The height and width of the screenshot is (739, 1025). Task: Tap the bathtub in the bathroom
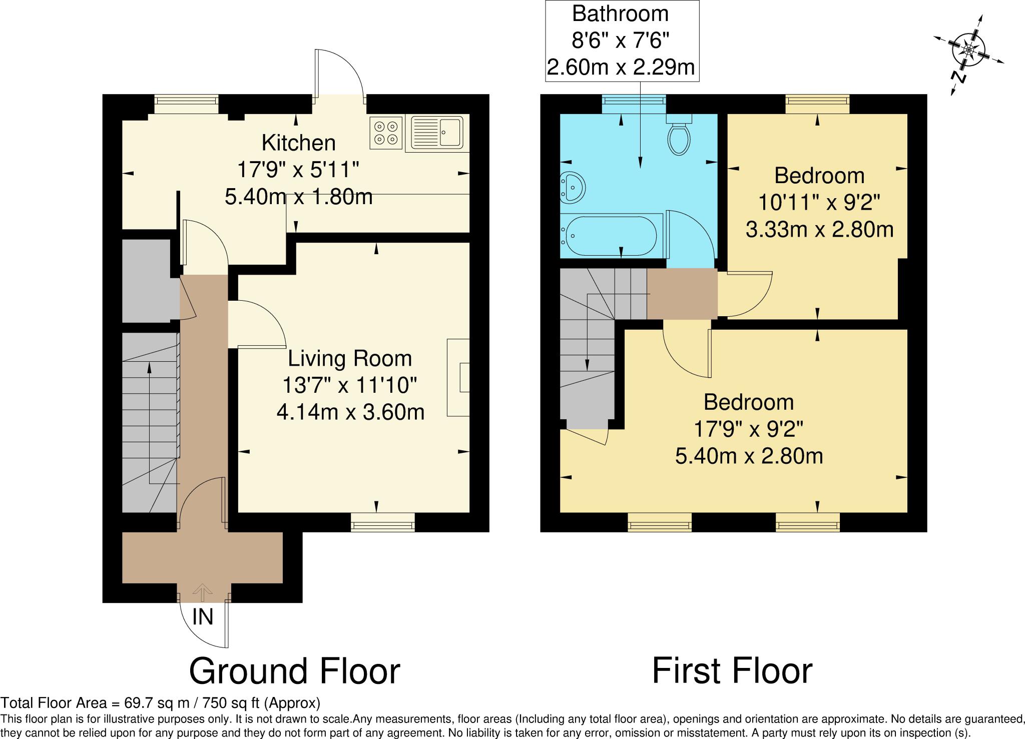tap(610, 235)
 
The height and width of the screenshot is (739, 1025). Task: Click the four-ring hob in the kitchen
tap(386, 133)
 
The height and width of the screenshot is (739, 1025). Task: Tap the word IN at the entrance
tap(203, 617)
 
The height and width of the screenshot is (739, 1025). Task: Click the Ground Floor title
tap(294, 671)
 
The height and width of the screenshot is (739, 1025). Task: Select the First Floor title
tap(732, 671)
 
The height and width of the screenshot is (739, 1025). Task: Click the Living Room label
tap(350, 359)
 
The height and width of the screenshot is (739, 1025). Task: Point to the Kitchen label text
tap(298, 143)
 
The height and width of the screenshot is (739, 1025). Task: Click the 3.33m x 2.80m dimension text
tap(819, 230)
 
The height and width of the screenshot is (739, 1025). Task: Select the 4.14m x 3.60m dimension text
tap(350, 412)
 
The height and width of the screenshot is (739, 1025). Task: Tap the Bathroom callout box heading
tap(620, 14)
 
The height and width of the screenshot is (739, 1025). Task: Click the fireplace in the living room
tap(459, 378)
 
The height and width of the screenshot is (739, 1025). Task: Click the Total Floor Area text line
tap(160, 703)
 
